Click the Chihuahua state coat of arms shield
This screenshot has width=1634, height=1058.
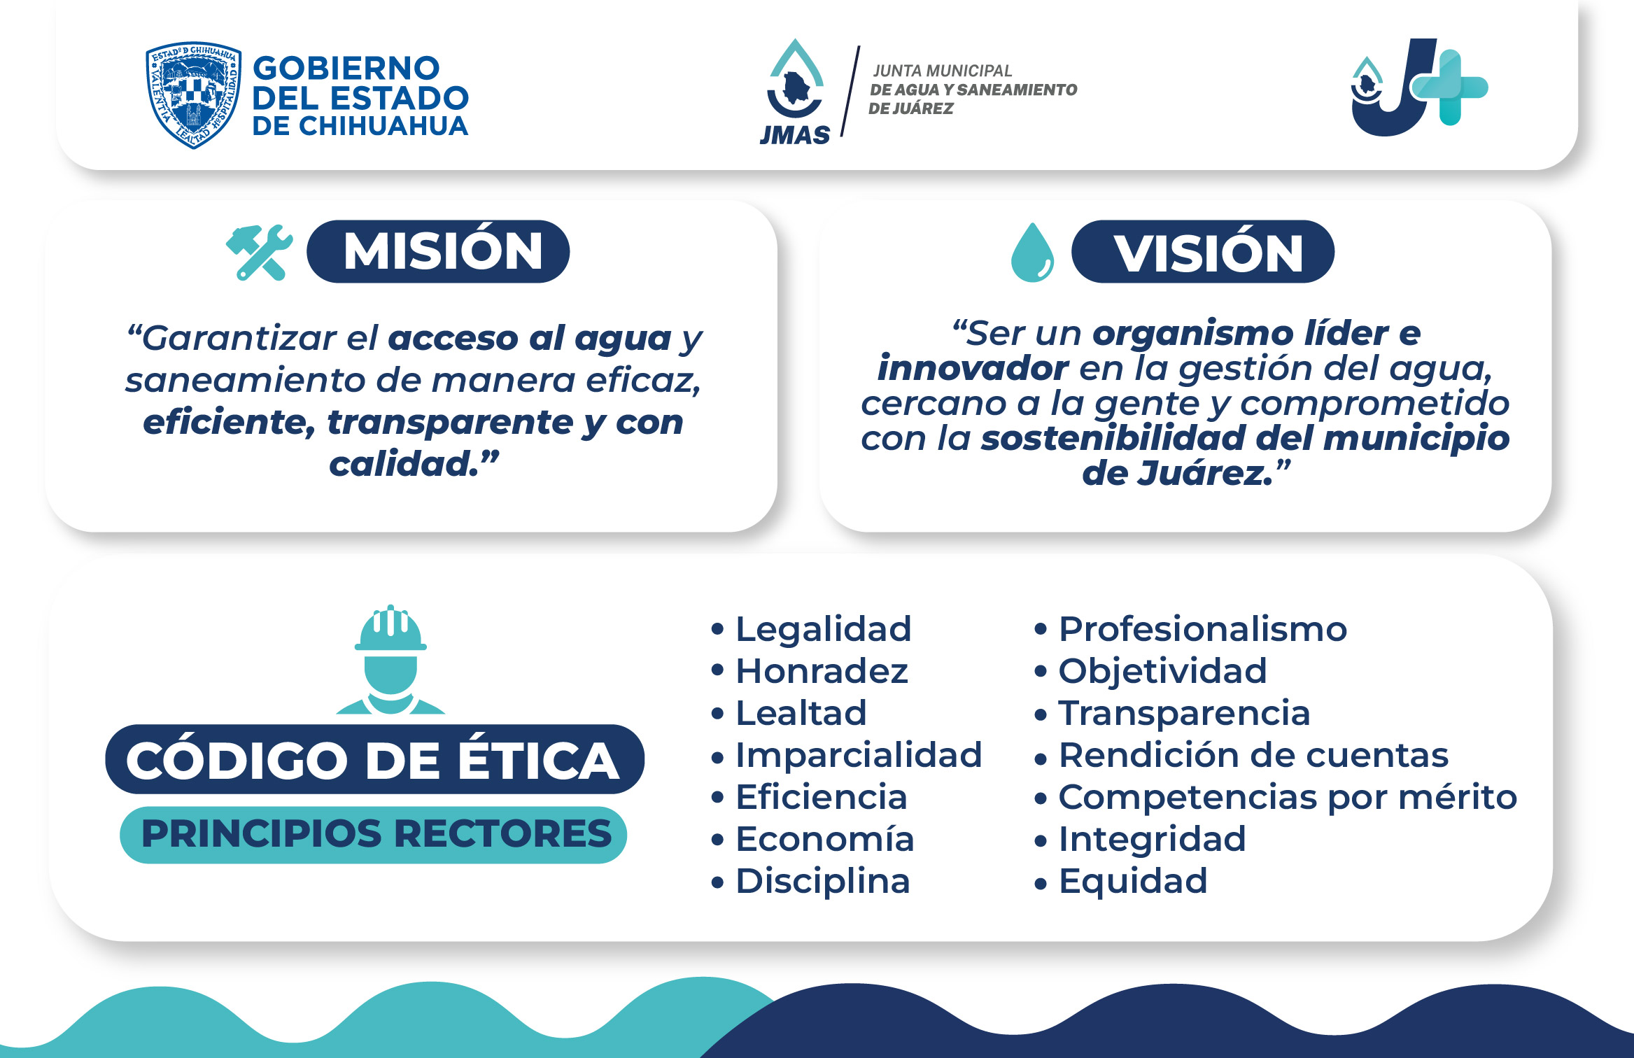pos(193,94)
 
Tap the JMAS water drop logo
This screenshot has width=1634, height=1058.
pos(796,91)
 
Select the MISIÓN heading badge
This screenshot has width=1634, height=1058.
pos(438,251)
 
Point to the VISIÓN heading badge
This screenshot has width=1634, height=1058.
pos(1203,251)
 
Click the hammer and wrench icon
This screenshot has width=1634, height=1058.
pos(259,252)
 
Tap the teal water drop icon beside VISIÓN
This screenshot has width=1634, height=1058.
pos(1032,252)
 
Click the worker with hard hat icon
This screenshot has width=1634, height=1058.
pos(390,659)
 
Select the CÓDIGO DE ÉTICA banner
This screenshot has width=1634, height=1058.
pos(374,759)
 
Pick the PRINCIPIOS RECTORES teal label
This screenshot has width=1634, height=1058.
pos(374,834)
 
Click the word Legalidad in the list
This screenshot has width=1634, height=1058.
pos(823,628)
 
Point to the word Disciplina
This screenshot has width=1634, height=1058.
pos(823,881)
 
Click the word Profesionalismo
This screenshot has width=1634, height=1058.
pos(1202,628)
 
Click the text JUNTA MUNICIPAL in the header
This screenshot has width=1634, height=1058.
pos(942,71)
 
